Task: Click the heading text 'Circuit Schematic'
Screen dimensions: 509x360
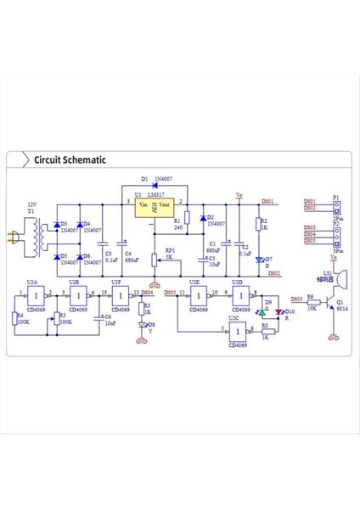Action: tap(70, 159)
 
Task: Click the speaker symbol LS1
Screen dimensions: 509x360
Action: tap(341, 279)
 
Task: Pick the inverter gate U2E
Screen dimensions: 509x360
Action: tap(199, 297)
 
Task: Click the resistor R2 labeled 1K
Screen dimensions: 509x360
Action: tap(257, 226)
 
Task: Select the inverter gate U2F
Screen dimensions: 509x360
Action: tap(120, 297)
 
